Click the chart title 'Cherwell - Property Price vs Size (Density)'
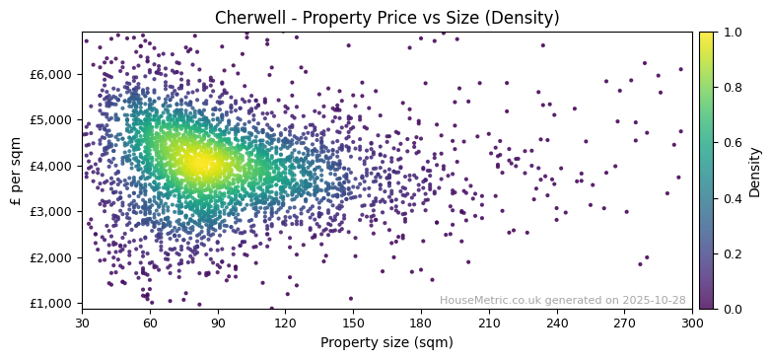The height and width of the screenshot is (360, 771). (x=386, y=18)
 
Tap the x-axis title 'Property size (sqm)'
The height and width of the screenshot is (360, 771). (x=386, y=342)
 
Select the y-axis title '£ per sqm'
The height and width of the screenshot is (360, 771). (x=16, y=170)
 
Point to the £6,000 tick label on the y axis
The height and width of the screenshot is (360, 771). (x=50, y=74)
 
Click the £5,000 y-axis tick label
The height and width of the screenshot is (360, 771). (x=50, y=119)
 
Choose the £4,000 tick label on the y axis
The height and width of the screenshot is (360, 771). (x=50, y=166)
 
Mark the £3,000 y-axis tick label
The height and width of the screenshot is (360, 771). (x=50, y=211)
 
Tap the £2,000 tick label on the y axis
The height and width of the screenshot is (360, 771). (x=50, y=257)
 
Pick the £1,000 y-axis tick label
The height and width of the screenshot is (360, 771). (x=50, y=303)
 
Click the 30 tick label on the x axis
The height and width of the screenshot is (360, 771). (x=82, y=323)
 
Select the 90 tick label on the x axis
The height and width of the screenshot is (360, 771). (x=218, y=323)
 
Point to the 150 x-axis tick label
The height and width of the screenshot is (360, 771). (x=353, y=323)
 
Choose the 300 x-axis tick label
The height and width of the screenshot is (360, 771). (x=692, y=323)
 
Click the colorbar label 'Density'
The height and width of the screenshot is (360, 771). (x=755, y=172)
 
